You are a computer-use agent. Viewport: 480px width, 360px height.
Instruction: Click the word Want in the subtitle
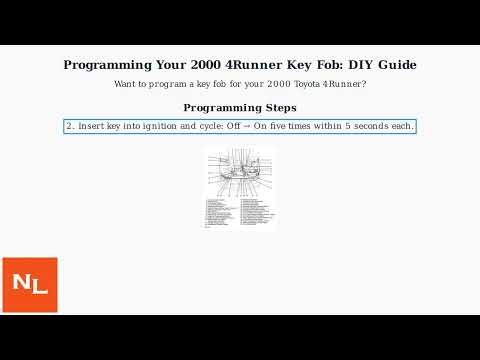(x=126, y=84)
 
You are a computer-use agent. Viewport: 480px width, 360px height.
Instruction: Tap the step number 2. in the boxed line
(x=70, y=126)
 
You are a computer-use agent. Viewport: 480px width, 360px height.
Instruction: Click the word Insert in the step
(x=92, y=126)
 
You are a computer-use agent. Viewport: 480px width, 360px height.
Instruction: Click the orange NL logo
(x=29, y=285)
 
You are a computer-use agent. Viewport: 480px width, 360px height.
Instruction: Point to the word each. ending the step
(x=404, y=126)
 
